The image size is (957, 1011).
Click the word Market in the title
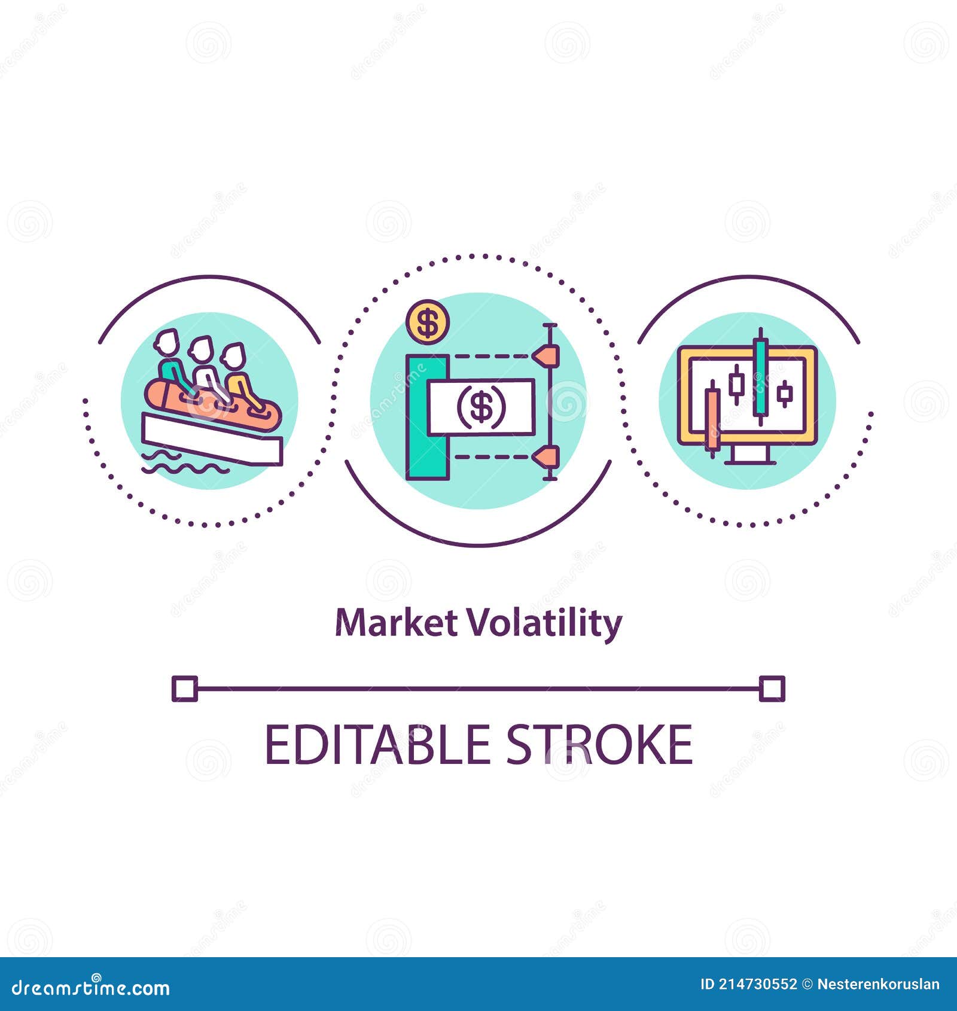(396, 623)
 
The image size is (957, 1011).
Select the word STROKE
(599, 745)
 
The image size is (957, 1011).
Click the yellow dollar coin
(427, 322)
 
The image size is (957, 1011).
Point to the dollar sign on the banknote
(481, 407)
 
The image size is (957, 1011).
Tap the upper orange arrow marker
(547, 356)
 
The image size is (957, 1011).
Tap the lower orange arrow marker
(547, 458)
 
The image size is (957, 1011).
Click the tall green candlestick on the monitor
(760, 377)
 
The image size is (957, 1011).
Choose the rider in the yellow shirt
(239, 377)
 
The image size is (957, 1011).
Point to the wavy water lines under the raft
(179, 464)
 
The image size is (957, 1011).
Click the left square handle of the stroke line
(184, 689)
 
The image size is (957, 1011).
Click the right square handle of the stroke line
(772, 689)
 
